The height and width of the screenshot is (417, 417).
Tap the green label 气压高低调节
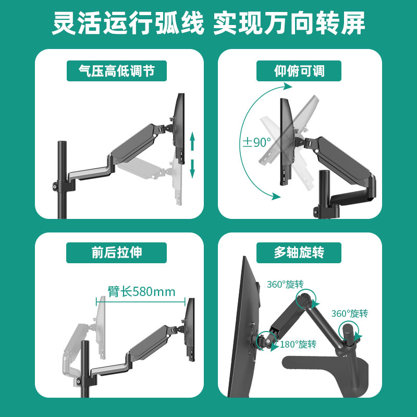(x=117, y=71)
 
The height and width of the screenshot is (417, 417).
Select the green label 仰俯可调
(x=299, y=71)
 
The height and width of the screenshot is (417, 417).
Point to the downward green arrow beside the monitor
(x=192, y=168)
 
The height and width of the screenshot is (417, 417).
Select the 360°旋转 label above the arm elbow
(x=285, y=285)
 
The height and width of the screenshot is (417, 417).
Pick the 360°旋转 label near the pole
(x=350, y=313)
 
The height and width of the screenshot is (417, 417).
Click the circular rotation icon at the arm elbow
(x=303, y=300)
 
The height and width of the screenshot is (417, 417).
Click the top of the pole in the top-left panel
(x=61, y=143)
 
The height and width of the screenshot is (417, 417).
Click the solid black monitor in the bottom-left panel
(x=190, y=328)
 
